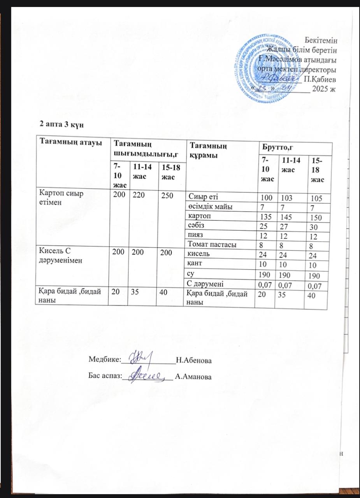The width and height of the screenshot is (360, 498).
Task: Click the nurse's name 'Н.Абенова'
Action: [194, 361]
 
